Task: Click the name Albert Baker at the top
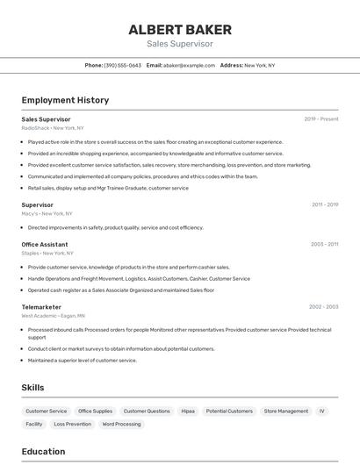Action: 179,29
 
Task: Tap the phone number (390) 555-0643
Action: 122,65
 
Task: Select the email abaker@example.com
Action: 189,65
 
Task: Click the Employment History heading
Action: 65,100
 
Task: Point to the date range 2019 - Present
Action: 321,118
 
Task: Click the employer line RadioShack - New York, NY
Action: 53,128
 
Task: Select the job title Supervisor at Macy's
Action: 38,204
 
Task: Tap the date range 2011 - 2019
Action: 325,204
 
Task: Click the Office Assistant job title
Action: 45,244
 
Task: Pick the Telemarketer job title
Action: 41,307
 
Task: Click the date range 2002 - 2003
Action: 324,307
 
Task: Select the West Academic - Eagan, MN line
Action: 53,316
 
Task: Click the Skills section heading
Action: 33,388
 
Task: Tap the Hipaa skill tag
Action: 188,411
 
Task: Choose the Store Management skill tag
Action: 286,411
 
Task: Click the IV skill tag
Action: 322,411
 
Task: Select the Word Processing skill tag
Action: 121,424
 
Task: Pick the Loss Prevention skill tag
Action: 72,424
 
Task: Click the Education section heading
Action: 44,452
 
